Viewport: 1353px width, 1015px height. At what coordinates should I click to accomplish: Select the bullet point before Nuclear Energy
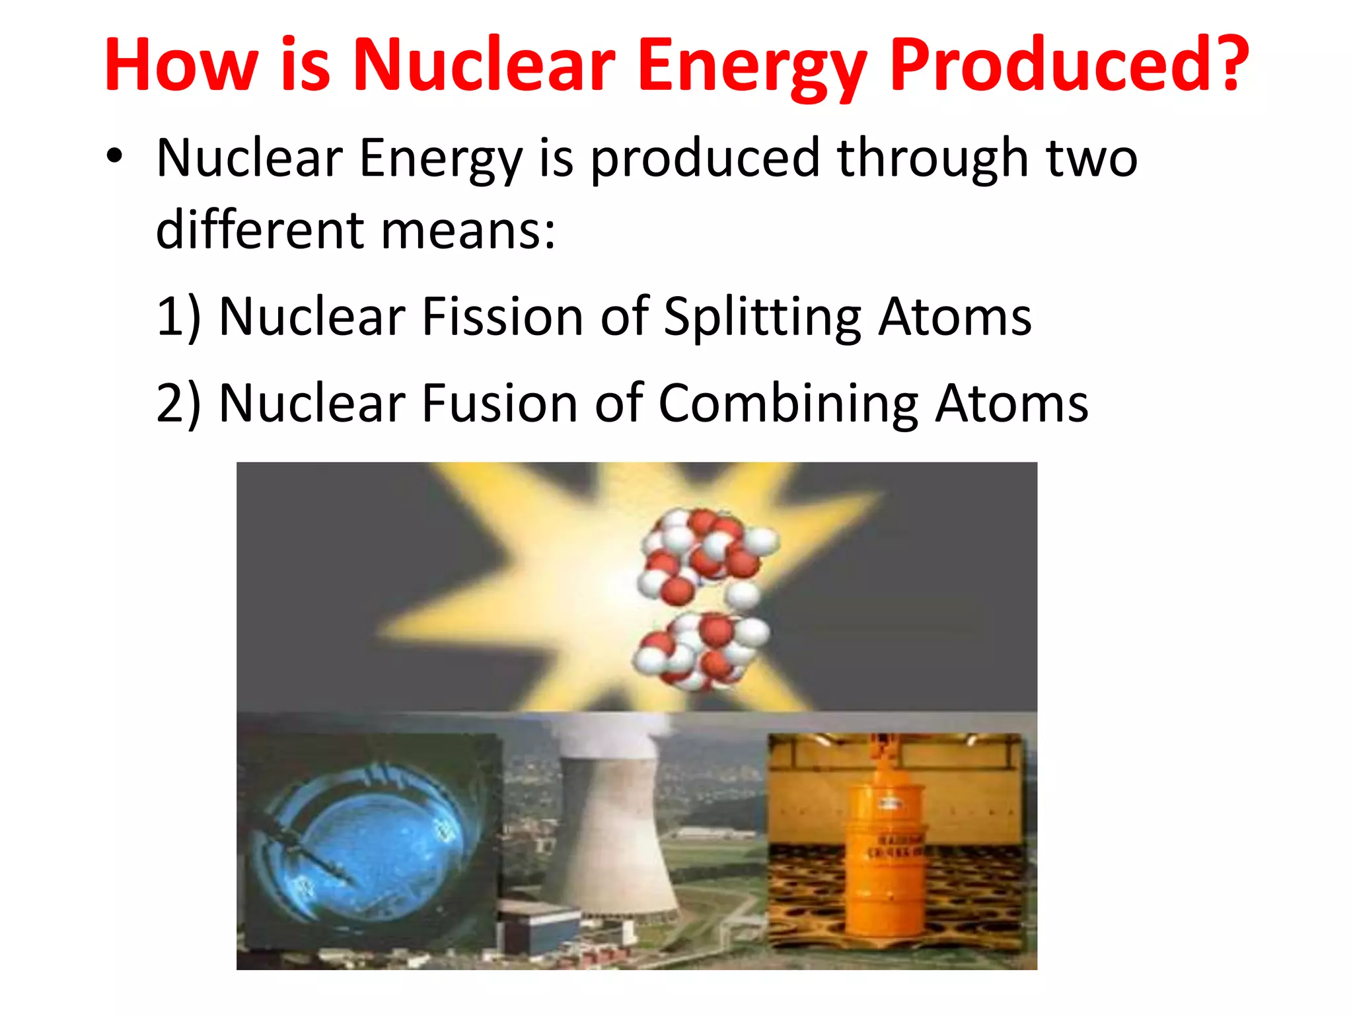114,157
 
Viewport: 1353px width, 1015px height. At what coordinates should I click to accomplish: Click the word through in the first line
932,159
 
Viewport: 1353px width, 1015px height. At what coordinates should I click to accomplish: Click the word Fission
502,317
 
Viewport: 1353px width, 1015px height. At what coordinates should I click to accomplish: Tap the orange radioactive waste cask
885,859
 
